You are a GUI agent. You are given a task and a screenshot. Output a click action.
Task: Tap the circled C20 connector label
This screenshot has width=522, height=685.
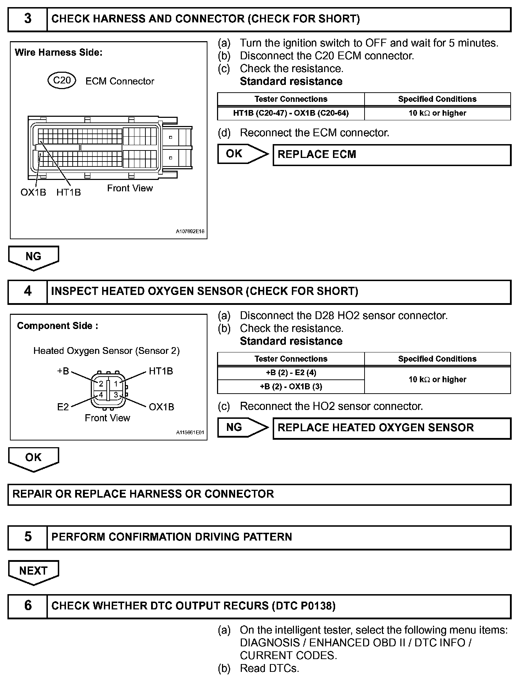tap(62, 81)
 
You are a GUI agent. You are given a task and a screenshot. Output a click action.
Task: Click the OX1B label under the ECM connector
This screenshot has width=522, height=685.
tap(33, 192)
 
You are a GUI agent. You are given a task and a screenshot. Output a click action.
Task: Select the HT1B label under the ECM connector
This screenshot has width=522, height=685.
tap(68, 192)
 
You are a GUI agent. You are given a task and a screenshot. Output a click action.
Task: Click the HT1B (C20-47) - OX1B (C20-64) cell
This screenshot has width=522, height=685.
tap(291, 113)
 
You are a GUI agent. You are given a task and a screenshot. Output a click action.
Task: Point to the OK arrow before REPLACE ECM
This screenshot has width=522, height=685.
tap(242, 154)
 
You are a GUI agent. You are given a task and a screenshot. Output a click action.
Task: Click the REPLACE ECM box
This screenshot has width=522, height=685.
tap(391, 155)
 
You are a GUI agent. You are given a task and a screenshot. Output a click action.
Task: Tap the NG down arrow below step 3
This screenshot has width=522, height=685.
tap(33, 257)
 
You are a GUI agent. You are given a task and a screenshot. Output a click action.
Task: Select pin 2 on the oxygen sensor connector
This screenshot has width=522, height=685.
tap(101, 384)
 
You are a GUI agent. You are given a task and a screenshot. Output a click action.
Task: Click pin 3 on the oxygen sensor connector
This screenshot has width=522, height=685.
tap(116, 395)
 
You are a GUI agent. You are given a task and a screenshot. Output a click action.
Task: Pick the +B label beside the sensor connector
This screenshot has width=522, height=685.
tap(63, 371)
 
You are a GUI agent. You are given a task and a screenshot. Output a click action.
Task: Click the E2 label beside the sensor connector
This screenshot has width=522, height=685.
tap(63, 407)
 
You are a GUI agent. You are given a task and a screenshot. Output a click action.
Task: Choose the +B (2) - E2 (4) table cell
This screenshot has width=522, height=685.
tap(291, 373)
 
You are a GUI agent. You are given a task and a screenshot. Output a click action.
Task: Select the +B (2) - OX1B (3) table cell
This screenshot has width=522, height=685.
tap(291, 387)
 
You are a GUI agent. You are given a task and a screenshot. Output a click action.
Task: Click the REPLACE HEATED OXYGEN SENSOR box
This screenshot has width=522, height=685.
tap(391, 428)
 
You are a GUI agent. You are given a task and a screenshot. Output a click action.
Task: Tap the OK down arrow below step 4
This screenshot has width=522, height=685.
tap(33, 459)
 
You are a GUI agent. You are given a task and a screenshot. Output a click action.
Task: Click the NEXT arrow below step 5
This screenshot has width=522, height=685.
tap(33, 572)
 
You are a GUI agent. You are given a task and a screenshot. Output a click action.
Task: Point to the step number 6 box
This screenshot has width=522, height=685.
tap(28, 606)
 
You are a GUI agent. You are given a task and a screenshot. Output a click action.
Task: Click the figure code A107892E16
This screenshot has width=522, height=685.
tap(190, 231)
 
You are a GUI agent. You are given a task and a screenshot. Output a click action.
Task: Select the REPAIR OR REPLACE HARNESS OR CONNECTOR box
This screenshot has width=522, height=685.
tap(259, 494)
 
